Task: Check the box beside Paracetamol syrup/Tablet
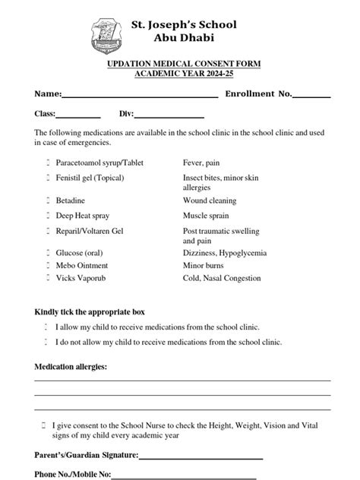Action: (47, 163)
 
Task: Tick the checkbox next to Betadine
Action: (47, 201)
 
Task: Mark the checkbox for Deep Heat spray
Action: (47, 216)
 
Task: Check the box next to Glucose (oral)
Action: (47, 252)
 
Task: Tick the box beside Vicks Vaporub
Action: (47, 278)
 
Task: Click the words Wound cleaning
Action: (210, 201)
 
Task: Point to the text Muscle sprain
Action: (206, 216)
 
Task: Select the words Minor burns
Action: (204, 265)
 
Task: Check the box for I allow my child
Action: (47, 327)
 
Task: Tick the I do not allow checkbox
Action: (47, 342)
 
